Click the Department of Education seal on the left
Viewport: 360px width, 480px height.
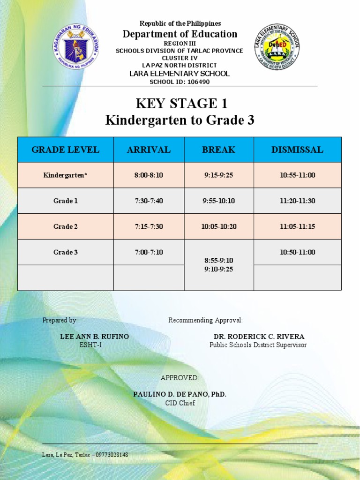[x=75, y=46]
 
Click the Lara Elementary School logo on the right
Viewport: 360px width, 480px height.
[x=277, y=47]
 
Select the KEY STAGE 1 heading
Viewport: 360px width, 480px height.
[x=180, y=104]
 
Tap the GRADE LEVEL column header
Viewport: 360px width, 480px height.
[x=65, y=150]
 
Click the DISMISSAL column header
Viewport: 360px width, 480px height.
[x=297, y=150]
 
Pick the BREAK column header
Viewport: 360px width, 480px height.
[x=218, y=150]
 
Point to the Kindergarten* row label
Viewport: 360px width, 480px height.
[x=65, y=175]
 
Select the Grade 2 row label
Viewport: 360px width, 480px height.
[x=65, y=226]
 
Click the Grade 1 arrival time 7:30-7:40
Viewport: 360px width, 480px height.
[x=149, y=201]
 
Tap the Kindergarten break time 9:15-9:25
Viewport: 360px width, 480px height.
[x=218, y=175]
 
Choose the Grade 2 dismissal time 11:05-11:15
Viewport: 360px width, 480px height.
[x=297, y=226]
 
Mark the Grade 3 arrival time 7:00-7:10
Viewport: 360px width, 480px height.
[x=149, y=252]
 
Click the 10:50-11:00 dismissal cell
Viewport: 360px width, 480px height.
[x=297, y=252]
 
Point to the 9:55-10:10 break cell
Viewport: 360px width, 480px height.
[x=218, y=201]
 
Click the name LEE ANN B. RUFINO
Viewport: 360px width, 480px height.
[x=94, y=337]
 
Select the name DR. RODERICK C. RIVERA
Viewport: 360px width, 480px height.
[x=259, y=337]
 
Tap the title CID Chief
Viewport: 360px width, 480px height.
[x=180, y=403]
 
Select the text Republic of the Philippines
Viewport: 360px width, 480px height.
[x=180, y=23]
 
